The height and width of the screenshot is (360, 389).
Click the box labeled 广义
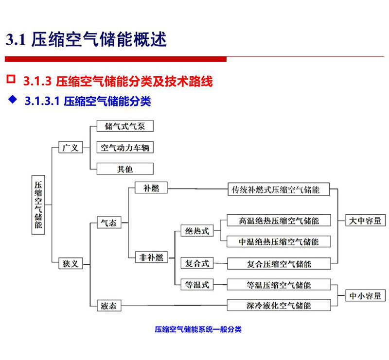click(x=71, y=147)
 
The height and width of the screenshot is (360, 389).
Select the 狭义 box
click(x=71, y=263)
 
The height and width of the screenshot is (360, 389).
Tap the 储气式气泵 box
click(x=125, y=126)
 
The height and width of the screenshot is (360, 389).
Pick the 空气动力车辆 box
click(x=125, y=147)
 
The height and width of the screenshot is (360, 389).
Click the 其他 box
click(x=125, y=169)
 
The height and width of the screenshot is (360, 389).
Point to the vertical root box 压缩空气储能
click(x=38, y=205)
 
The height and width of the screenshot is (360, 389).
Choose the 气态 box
click(x=109, y=223)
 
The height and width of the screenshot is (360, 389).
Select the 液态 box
click(x=109, y=306)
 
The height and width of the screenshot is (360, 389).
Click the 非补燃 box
click(x=151, y=257)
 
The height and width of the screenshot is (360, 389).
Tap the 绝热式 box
click(x=197, y=231)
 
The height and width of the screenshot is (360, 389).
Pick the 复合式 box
click(x=197, y=263)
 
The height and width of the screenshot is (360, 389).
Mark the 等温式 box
click(x=197, y=284)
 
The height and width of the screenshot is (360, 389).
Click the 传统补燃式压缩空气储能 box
click(x=279, y=189)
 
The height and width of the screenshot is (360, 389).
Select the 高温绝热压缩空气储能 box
click(x=279, y=221)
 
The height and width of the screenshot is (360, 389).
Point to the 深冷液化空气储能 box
click(x=279, y=305)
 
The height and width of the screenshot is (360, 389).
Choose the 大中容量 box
click(x=366, y=220)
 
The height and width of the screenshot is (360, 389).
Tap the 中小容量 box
click(x=366, y=295)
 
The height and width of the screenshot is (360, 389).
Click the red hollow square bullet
click(x=11, y=79)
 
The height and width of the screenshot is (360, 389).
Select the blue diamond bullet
click(x=13, y=100)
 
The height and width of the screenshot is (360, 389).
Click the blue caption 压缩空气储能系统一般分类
click(x=198, y=329)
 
